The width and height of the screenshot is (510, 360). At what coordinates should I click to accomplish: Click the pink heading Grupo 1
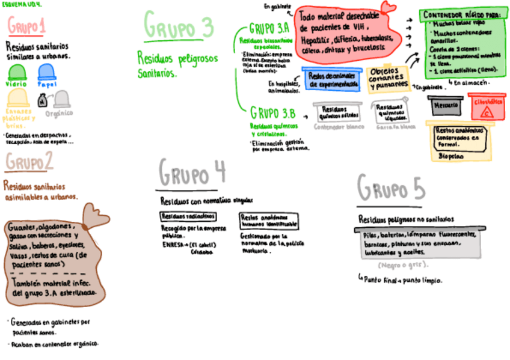click(x=27, y=26)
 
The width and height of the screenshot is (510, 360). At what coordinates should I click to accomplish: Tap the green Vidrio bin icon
click(x=16, y=72)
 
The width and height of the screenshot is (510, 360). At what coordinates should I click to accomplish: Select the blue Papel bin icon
click(x=46, y=72)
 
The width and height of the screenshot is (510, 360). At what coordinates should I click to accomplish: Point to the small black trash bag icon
click(x=43, y=102)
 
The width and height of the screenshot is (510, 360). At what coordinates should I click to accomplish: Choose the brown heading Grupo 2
click(x=29, y=162)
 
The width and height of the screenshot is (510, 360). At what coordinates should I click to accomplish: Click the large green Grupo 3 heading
click(x=179, y=26)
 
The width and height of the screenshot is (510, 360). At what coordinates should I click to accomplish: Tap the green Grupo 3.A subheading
click(x=269, y=29)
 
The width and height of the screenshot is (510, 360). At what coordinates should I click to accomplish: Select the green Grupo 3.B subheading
click(x=272, y=112)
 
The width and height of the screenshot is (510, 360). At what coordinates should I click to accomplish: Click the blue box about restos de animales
click(x=333, y=81)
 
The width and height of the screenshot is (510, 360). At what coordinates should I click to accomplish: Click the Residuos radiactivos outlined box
click(x=188, y=216)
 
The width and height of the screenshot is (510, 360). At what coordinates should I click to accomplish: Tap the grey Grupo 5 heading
click(x=391, y=188)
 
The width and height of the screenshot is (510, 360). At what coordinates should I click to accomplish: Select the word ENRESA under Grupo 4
click(x=173, y=245)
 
